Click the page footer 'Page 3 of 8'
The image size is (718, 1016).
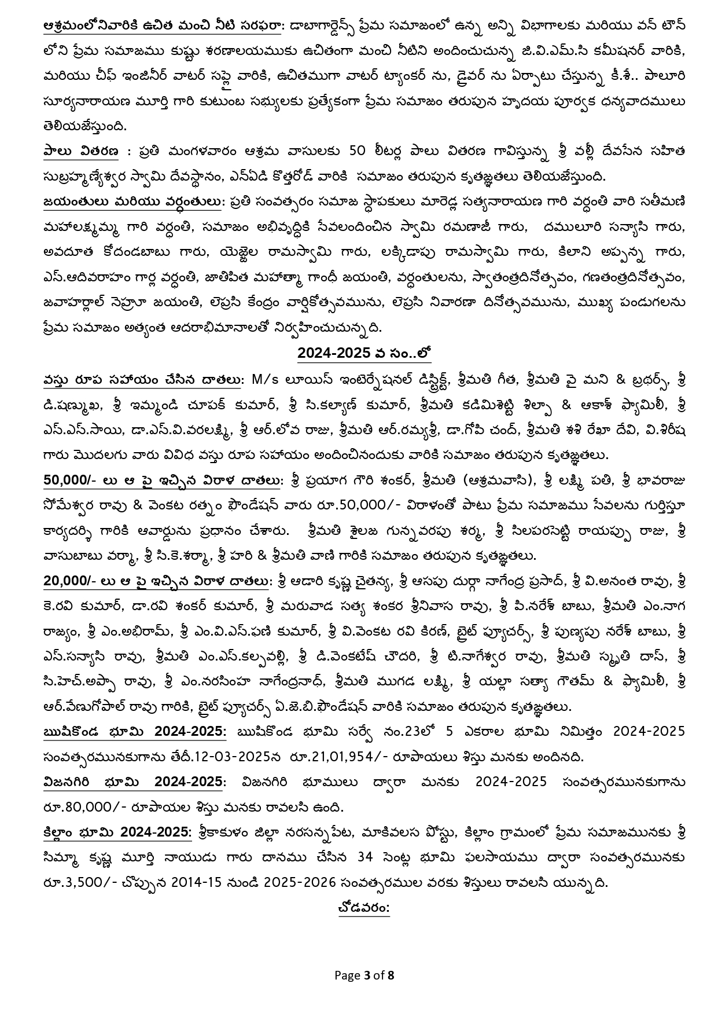(364, 975)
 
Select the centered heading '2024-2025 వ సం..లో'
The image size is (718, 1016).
(364, 354)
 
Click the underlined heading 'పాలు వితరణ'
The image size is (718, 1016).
(80, 151)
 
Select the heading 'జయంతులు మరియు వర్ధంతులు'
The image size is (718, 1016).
(132, 201)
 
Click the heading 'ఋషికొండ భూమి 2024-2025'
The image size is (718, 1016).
(135, 731)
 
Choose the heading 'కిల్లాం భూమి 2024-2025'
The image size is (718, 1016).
(117, 832)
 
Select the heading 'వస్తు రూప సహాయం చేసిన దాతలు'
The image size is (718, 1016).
(142, 379)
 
